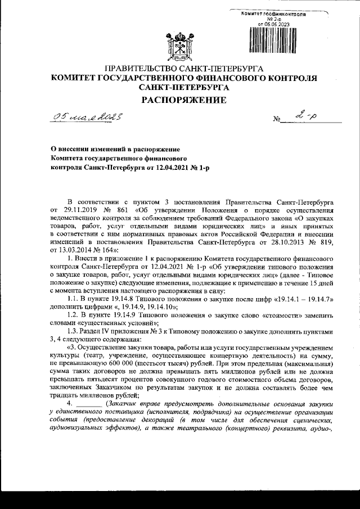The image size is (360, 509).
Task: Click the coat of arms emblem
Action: point(179,44)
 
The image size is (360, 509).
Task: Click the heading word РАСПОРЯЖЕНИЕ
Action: point(180,100)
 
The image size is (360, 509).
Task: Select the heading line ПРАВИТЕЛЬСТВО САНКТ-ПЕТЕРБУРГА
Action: point(180,67)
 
